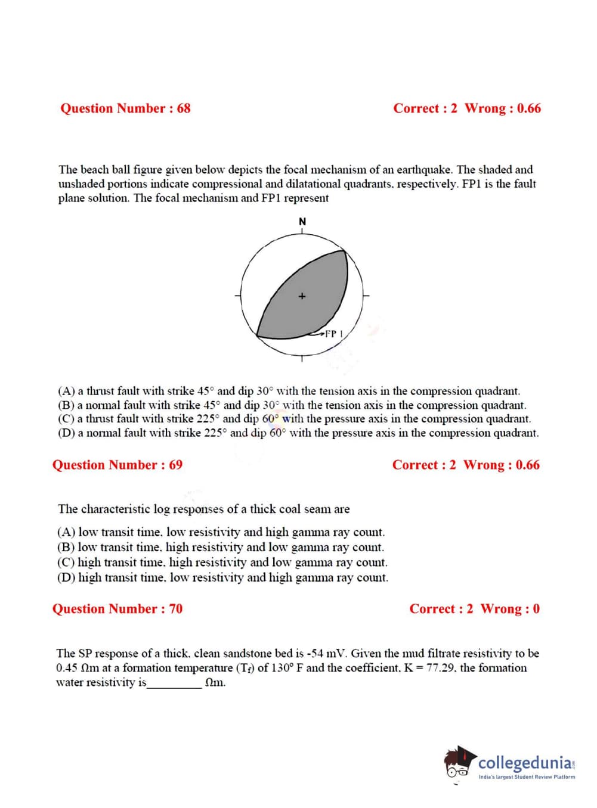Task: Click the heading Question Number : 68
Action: point(125,108)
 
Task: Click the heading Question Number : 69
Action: point(117,465)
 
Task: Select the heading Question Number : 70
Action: point(117,609)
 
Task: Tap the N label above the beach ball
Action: point(302,222)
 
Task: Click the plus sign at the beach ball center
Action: point(302,296)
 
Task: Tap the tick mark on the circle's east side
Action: point(366,295)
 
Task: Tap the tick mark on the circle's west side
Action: point(238,295)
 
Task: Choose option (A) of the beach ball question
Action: point(289,391)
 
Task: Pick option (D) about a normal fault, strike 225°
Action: point(298,433)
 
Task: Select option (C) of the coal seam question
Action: point(222,563)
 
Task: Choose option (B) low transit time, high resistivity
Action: point(221,547)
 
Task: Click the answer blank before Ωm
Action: point(174,683)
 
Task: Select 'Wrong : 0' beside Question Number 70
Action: point(510,609)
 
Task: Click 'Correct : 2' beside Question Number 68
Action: point(425,108)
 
